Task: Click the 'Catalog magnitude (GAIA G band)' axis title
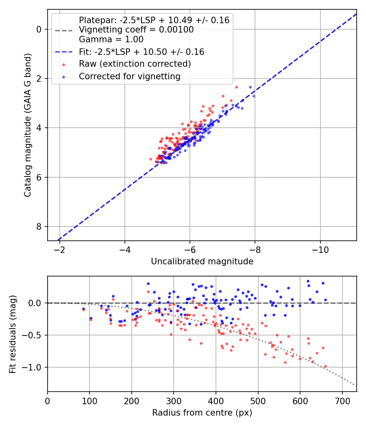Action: [28, 125]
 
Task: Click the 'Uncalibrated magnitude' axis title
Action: [202, 261]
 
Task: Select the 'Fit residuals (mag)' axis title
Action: [13, 334]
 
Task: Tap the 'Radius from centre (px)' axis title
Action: [202, 413]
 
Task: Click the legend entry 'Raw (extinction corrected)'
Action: [135, 64]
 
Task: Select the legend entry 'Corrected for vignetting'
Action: [130, 76]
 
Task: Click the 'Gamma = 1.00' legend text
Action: [111, 39]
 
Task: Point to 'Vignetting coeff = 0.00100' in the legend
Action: [136, 30]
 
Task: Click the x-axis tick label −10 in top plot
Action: [320, 249]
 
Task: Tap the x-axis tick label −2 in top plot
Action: [60, 249]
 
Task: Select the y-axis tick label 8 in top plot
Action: [39, 227]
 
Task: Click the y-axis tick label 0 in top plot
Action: [39, 29]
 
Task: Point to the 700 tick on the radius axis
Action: [342, 401]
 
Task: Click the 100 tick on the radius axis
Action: [89, 401]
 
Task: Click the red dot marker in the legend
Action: [64, 65]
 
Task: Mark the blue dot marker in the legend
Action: [64, 77]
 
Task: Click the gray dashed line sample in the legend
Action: [64, 31]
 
